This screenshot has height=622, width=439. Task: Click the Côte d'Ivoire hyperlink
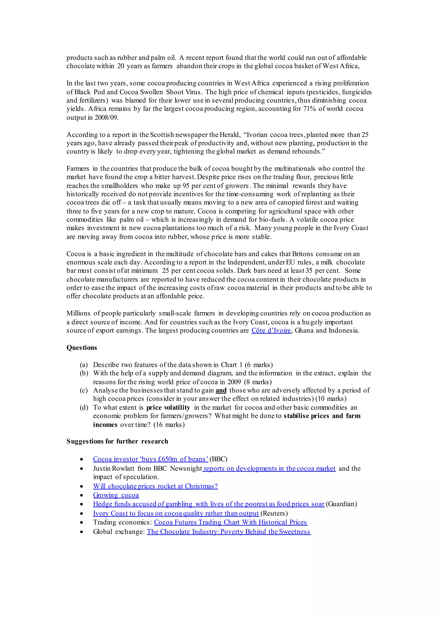click(x=271, y=331)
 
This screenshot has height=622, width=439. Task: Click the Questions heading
click(x=81, y=348)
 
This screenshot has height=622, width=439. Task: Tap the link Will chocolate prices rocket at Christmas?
click(x=155, y=486)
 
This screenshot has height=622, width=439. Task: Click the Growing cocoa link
click(x=116, y=495)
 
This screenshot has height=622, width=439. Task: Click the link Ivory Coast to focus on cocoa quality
click(x=176, y=513)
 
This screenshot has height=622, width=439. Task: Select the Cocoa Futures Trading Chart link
click(x=230, y=522)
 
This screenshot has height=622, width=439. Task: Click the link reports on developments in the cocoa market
click(x=269, y=468)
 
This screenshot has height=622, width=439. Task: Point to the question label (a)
click(x=84, y=365)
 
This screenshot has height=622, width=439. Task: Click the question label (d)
click(x=84, y=408)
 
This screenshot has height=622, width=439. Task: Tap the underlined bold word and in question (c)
click(x=221, y=390)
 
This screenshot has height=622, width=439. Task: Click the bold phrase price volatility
click(x=168, y=408)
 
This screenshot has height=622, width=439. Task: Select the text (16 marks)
click(x=169, y=424)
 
